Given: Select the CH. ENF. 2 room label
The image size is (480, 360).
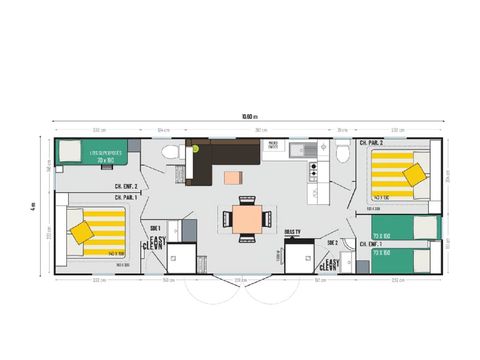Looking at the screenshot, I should click(126, 187).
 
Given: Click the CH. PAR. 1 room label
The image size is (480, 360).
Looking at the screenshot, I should click(126, 198).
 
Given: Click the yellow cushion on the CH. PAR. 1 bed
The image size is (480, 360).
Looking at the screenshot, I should click(81, 231).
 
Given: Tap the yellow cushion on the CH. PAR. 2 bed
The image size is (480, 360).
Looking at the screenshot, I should click(413, 175).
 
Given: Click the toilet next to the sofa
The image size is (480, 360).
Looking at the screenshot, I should click(171, 153).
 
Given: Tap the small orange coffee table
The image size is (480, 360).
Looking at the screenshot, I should click(233, 178).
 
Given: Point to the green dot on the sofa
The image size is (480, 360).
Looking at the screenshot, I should click(197, 148).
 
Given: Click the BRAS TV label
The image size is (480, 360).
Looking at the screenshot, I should click(293, 232).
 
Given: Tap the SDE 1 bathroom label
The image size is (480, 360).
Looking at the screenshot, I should click(154, 227).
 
